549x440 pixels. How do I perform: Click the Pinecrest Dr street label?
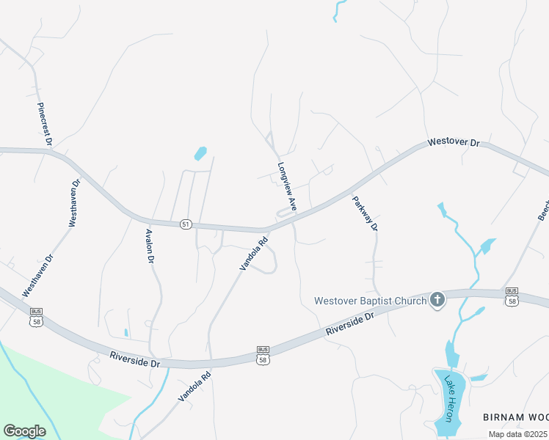pyautogui.click(x=43, y=122)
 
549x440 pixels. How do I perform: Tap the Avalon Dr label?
pyautogui.click(x=149, y=246)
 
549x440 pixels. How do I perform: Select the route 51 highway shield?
pyautogui.click(x=186, y=224)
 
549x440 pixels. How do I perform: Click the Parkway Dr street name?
pyautogui.click(x=364, y=213)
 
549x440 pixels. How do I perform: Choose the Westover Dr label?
pyautogui.click(x=454, y=141)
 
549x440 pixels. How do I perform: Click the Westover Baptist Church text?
pyautogui.click(x=370, y=300)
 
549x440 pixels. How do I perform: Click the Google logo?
pyautogui.click(x=24, y=431)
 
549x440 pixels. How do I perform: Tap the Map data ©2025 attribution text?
pyautogui.click(x=518, y=434)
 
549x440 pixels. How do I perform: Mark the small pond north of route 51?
pyautogui.click(x=200, y=154)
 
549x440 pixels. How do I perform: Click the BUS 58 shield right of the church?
pyautogui.click(x=512, y=296)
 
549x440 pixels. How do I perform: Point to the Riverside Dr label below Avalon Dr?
pyautogui.click(x=134, y=359)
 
